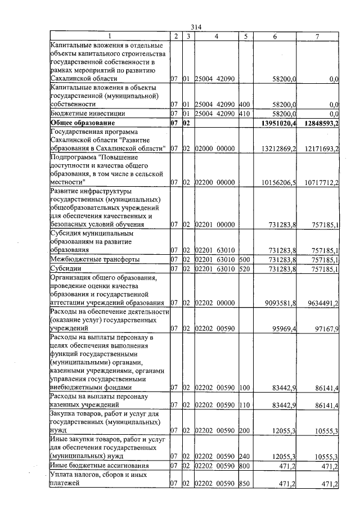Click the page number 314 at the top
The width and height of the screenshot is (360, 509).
[196, 27]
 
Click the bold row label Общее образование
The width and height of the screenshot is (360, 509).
[83, 123]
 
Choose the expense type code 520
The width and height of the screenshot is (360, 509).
[244, 269]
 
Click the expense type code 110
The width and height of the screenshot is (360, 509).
[244, 405]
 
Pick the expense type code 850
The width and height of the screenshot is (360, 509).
[244, 483]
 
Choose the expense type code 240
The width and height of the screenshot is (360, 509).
[244, 457]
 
